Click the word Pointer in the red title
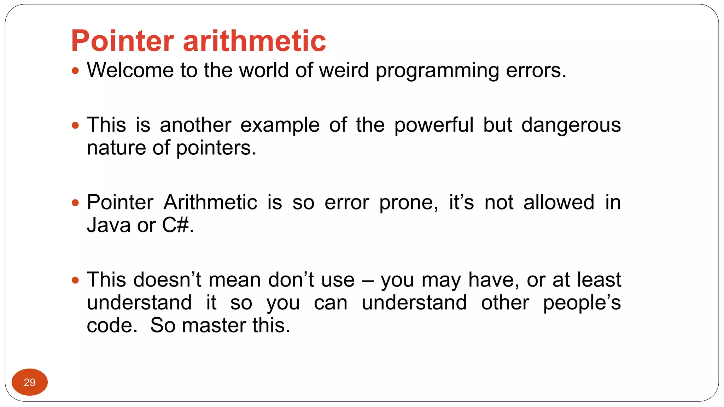click(122, 41)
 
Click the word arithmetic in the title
click(255, 41)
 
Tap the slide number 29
click(30, 382)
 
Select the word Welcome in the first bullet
click(130, 70)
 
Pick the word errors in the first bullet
click(536, 70)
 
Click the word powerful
click(433, 125)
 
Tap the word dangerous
click(571, 125)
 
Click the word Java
click(109, 225)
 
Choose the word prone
click(408, 203)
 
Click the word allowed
click(559, 202)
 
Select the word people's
click(582, 303)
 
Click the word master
click(214, 325)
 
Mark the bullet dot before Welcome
click(75, 71)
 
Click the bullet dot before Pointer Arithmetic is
click(75, 203)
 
